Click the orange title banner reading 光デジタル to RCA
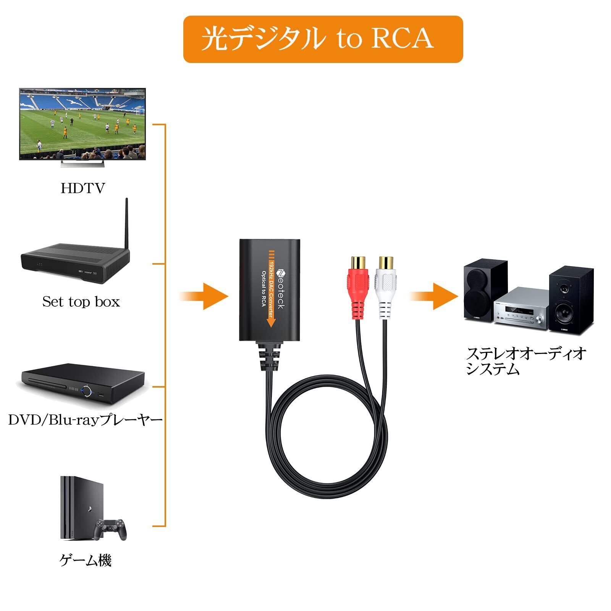point(323,39)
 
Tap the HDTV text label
point(82,188)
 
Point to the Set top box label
point(81,302)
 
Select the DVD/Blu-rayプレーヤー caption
point(86,420)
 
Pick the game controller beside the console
point(111,529)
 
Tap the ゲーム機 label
point(86,561)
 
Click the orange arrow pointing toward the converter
point(204,296)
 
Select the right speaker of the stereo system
point(571,300)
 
